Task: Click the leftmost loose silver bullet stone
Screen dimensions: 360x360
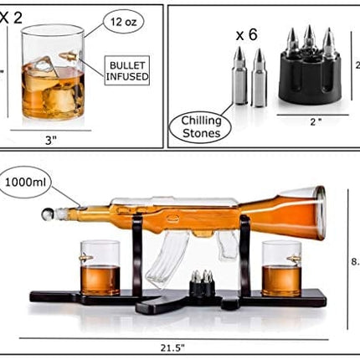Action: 238,75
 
